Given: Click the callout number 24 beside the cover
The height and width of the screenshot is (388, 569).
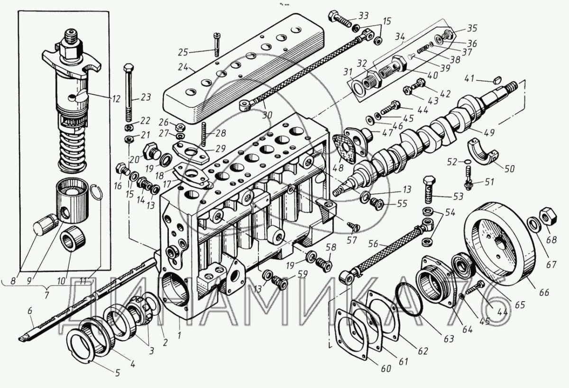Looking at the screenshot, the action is point(183,67).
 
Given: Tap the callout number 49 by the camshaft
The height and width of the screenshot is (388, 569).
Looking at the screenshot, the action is point(489,132).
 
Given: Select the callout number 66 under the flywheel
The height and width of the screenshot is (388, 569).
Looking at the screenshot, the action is point(544,292).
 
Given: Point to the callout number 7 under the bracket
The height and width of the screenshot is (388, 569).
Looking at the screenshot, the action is point(47,295).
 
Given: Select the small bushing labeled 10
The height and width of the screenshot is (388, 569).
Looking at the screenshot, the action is point(73,238).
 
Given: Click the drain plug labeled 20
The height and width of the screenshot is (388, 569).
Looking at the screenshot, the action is point(151,151).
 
